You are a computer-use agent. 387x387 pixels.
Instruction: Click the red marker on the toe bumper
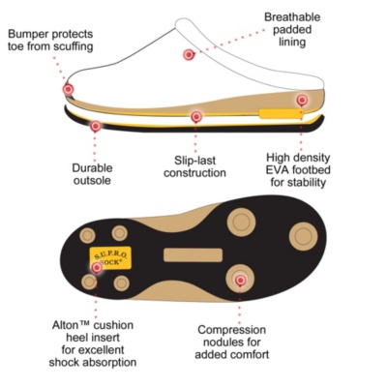point(68,89)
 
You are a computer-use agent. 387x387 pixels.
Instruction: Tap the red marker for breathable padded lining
point(189,55)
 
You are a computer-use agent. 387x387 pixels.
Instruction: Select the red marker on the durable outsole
point(95,126)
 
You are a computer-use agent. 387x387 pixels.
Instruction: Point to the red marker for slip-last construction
point(196,116)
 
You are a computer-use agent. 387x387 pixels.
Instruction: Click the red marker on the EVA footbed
point(302,100)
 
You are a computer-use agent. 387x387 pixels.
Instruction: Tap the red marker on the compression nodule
point(240,281)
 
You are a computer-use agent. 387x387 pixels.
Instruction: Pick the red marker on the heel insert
point(97,267)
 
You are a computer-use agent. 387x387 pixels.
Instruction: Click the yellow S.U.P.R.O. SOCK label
point(110,257)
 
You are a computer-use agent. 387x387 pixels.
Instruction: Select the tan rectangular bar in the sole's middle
point(193,255)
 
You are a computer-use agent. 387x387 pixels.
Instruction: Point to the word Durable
point(92,168)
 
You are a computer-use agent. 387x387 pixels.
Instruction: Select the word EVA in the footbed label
point(277,170)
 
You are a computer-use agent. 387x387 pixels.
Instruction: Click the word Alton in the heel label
point(65,325)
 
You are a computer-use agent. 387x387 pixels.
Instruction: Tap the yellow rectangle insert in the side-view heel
point(282,113)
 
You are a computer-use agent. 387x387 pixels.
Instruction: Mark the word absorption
point(110,362)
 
